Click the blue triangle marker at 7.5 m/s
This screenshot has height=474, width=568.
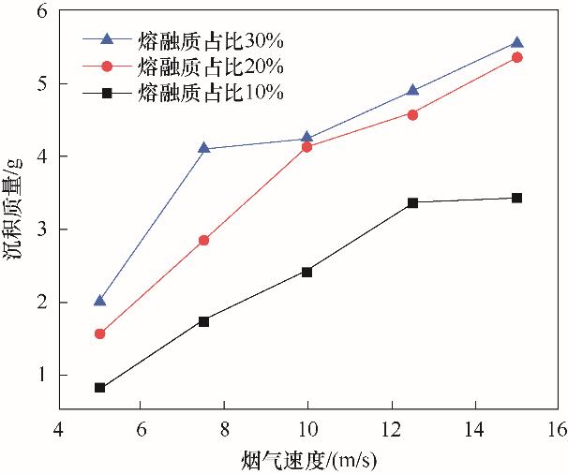[204, 148]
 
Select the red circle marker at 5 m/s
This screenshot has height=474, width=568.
[99, 333]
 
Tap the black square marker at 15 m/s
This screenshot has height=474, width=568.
[516, 198]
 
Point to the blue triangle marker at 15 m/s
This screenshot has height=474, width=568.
[516, 42]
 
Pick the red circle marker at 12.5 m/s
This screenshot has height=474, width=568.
[412, 114]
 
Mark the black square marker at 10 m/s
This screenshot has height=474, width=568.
[306, 272]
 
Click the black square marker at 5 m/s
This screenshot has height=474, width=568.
[99, 387]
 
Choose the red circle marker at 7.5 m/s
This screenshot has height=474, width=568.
[204, 240]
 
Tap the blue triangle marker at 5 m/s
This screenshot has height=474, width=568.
[99, 300]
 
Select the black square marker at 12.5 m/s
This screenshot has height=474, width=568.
[412, 202]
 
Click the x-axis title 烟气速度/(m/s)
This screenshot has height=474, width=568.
[308, 460]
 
